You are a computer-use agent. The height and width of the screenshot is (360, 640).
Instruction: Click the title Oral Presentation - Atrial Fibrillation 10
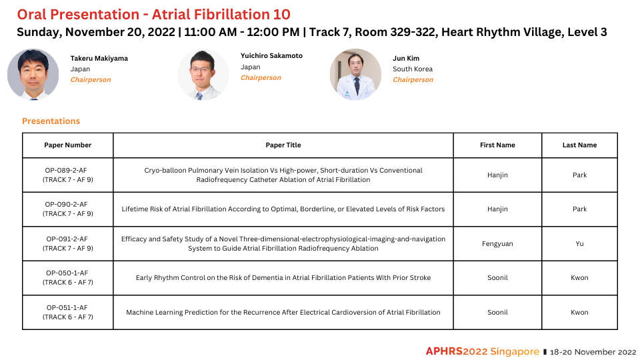(153, 14)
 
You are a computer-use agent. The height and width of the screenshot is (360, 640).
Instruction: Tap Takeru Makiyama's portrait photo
(33, 74)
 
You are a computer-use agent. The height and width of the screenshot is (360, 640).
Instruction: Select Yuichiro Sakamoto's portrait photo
(203, 74)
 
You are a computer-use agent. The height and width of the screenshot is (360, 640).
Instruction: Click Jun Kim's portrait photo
(355, 74)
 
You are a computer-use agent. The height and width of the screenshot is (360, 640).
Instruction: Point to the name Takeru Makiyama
(99, 59)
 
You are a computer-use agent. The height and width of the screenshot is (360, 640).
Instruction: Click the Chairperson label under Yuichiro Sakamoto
(261, 77)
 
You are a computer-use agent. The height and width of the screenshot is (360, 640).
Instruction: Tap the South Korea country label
(413, 69)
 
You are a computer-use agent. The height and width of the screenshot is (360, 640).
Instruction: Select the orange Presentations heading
(51, 121)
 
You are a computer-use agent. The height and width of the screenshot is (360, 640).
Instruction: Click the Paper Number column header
(68, 145)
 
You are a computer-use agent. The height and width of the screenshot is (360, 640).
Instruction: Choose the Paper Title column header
(283, 145)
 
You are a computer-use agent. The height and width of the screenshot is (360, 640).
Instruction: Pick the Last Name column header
(579, 145)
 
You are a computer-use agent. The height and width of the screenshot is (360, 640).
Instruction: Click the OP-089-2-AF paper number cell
(68, 175)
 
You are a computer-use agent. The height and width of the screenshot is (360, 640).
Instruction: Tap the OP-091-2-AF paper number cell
(68, 243)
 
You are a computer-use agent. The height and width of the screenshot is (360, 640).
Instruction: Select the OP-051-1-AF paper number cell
(68, 312)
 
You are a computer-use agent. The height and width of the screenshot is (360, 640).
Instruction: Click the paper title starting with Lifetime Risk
(283, 209)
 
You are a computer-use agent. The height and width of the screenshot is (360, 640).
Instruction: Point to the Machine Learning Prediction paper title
(283, 312)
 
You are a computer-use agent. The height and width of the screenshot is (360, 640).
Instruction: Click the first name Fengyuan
(497, 244)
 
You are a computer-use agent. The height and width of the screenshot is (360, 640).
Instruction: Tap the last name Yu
(579, 244)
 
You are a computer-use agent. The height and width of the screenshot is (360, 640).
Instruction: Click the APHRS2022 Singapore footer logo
(483, 351)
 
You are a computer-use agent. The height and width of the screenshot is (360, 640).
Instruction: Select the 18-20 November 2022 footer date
(593, 352)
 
